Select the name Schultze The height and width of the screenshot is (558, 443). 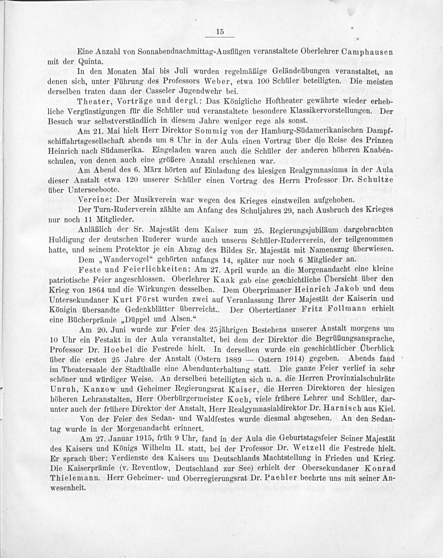(x=374, y=180)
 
